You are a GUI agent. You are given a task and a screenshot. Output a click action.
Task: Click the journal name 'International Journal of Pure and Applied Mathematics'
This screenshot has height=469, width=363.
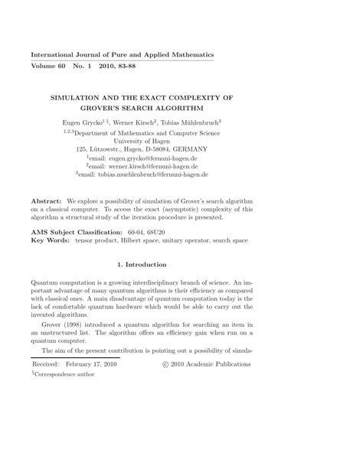coord(122,56)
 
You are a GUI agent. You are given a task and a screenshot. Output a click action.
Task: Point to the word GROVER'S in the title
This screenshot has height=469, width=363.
coord(144,109)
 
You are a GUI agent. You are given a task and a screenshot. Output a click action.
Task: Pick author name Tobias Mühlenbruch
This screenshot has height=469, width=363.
coord(235,122)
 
